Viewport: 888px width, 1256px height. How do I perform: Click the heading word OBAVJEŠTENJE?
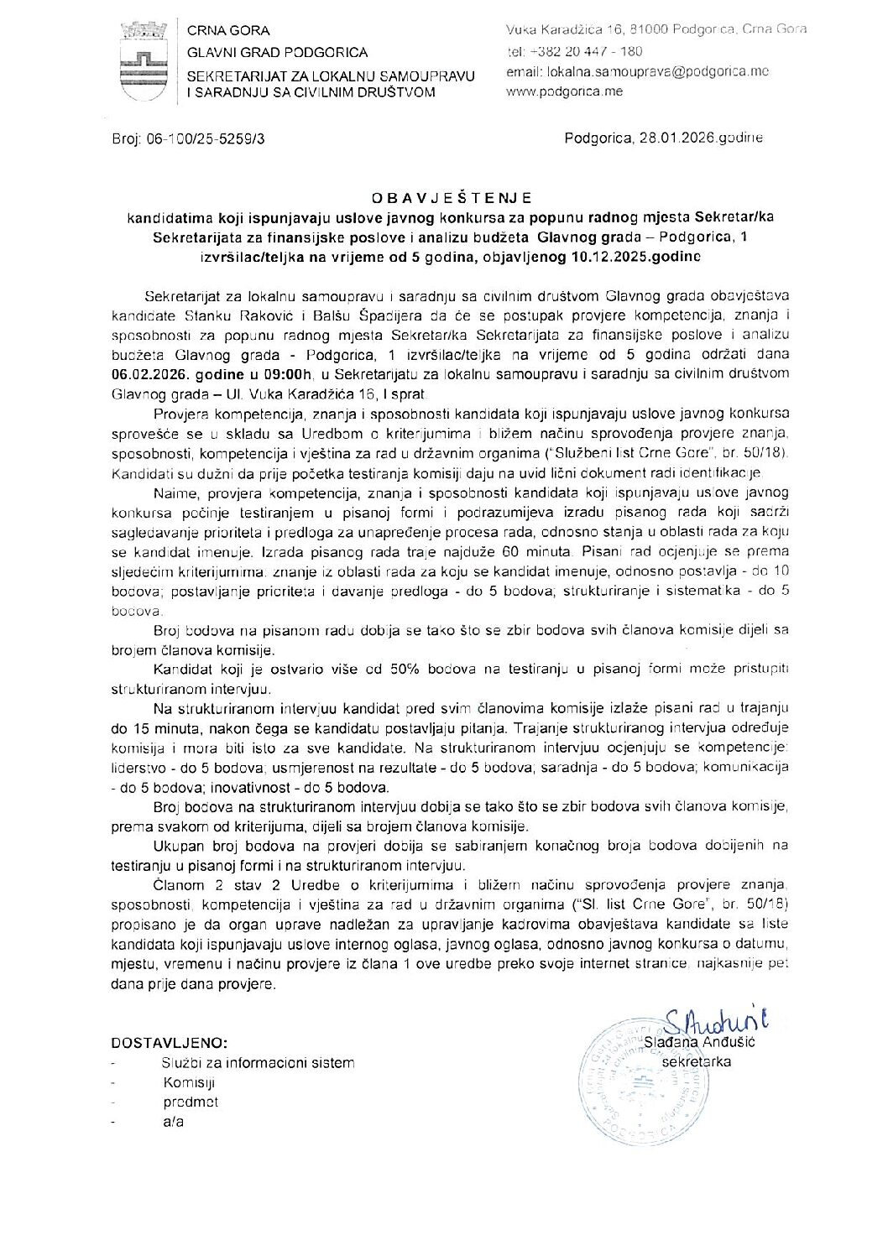[x=452, y=198]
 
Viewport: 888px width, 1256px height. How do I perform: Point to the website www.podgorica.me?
[x=564, y=91]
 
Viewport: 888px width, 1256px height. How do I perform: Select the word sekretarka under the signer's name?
[x=696, y=1061]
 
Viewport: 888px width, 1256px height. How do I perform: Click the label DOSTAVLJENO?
[x=169, y=1043]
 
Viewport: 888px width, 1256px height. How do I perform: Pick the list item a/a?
[x=173, y=1122]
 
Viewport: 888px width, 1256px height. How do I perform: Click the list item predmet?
[x=191, y=1102]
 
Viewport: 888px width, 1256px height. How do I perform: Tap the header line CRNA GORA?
[x=228, y=30]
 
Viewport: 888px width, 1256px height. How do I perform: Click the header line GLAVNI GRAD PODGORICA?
[x=277, y=52]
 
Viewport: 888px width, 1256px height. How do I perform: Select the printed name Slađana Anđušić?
[x=700, y=1041]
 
